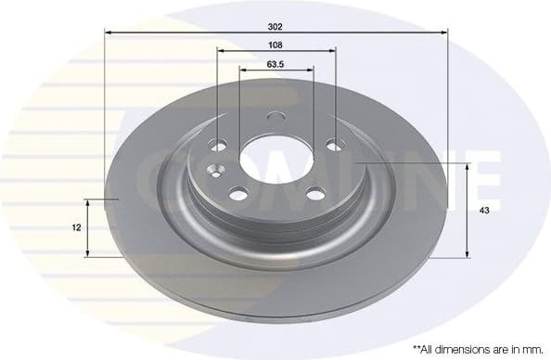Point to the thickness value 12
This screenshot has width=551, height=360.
point(76,227)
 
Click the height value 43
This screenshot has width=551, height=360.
point(483,211)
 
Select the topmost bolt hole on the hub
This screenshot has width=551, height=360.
point(275,118)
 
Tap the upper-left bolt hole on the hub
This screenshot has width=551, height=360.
point(219,146)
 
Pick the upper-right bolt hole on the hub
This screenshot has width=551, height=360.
point(334,144)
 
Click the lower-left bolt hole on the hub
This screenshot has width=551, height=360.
point(238,193)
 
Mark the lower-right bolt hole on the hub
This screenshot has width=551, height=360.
point(315,193)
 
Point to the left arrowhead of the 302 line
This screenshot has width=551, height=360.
point(108,32)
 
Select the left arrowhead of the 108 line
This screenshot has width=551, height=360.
point(220,52)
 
